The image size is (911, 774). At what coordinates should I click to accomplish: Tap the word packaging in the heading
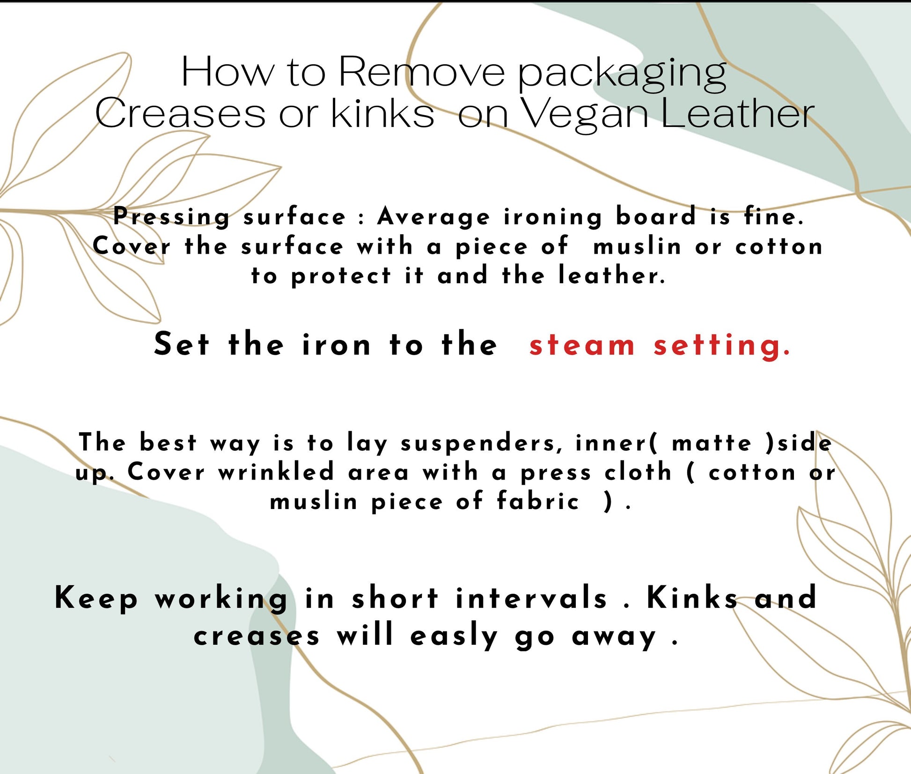[622, 75]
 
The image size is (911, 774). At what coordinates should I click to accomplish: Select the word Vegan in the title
[585, 115]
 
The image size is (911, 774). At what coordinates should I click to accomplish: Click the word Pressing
[172, 217]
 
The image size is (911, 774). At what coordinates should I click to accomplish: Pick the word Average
[434, 217]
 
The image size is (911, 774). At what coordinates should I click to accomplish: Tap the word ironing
[553, 217]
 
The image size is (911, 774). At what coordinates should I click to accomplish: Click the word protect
[341, 277]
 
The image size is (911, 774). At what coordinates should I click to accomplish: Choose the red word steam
[582, 346]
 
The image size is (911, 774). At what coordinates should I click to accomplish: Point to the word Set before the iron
[181, 344]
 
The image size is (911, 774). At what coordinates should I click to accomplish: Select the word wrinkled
[276, 472]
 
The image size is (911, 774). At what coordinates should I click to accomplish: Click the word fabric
[538, 501]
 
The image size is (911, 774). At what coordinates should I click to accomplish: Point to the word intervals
[531, 598]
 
